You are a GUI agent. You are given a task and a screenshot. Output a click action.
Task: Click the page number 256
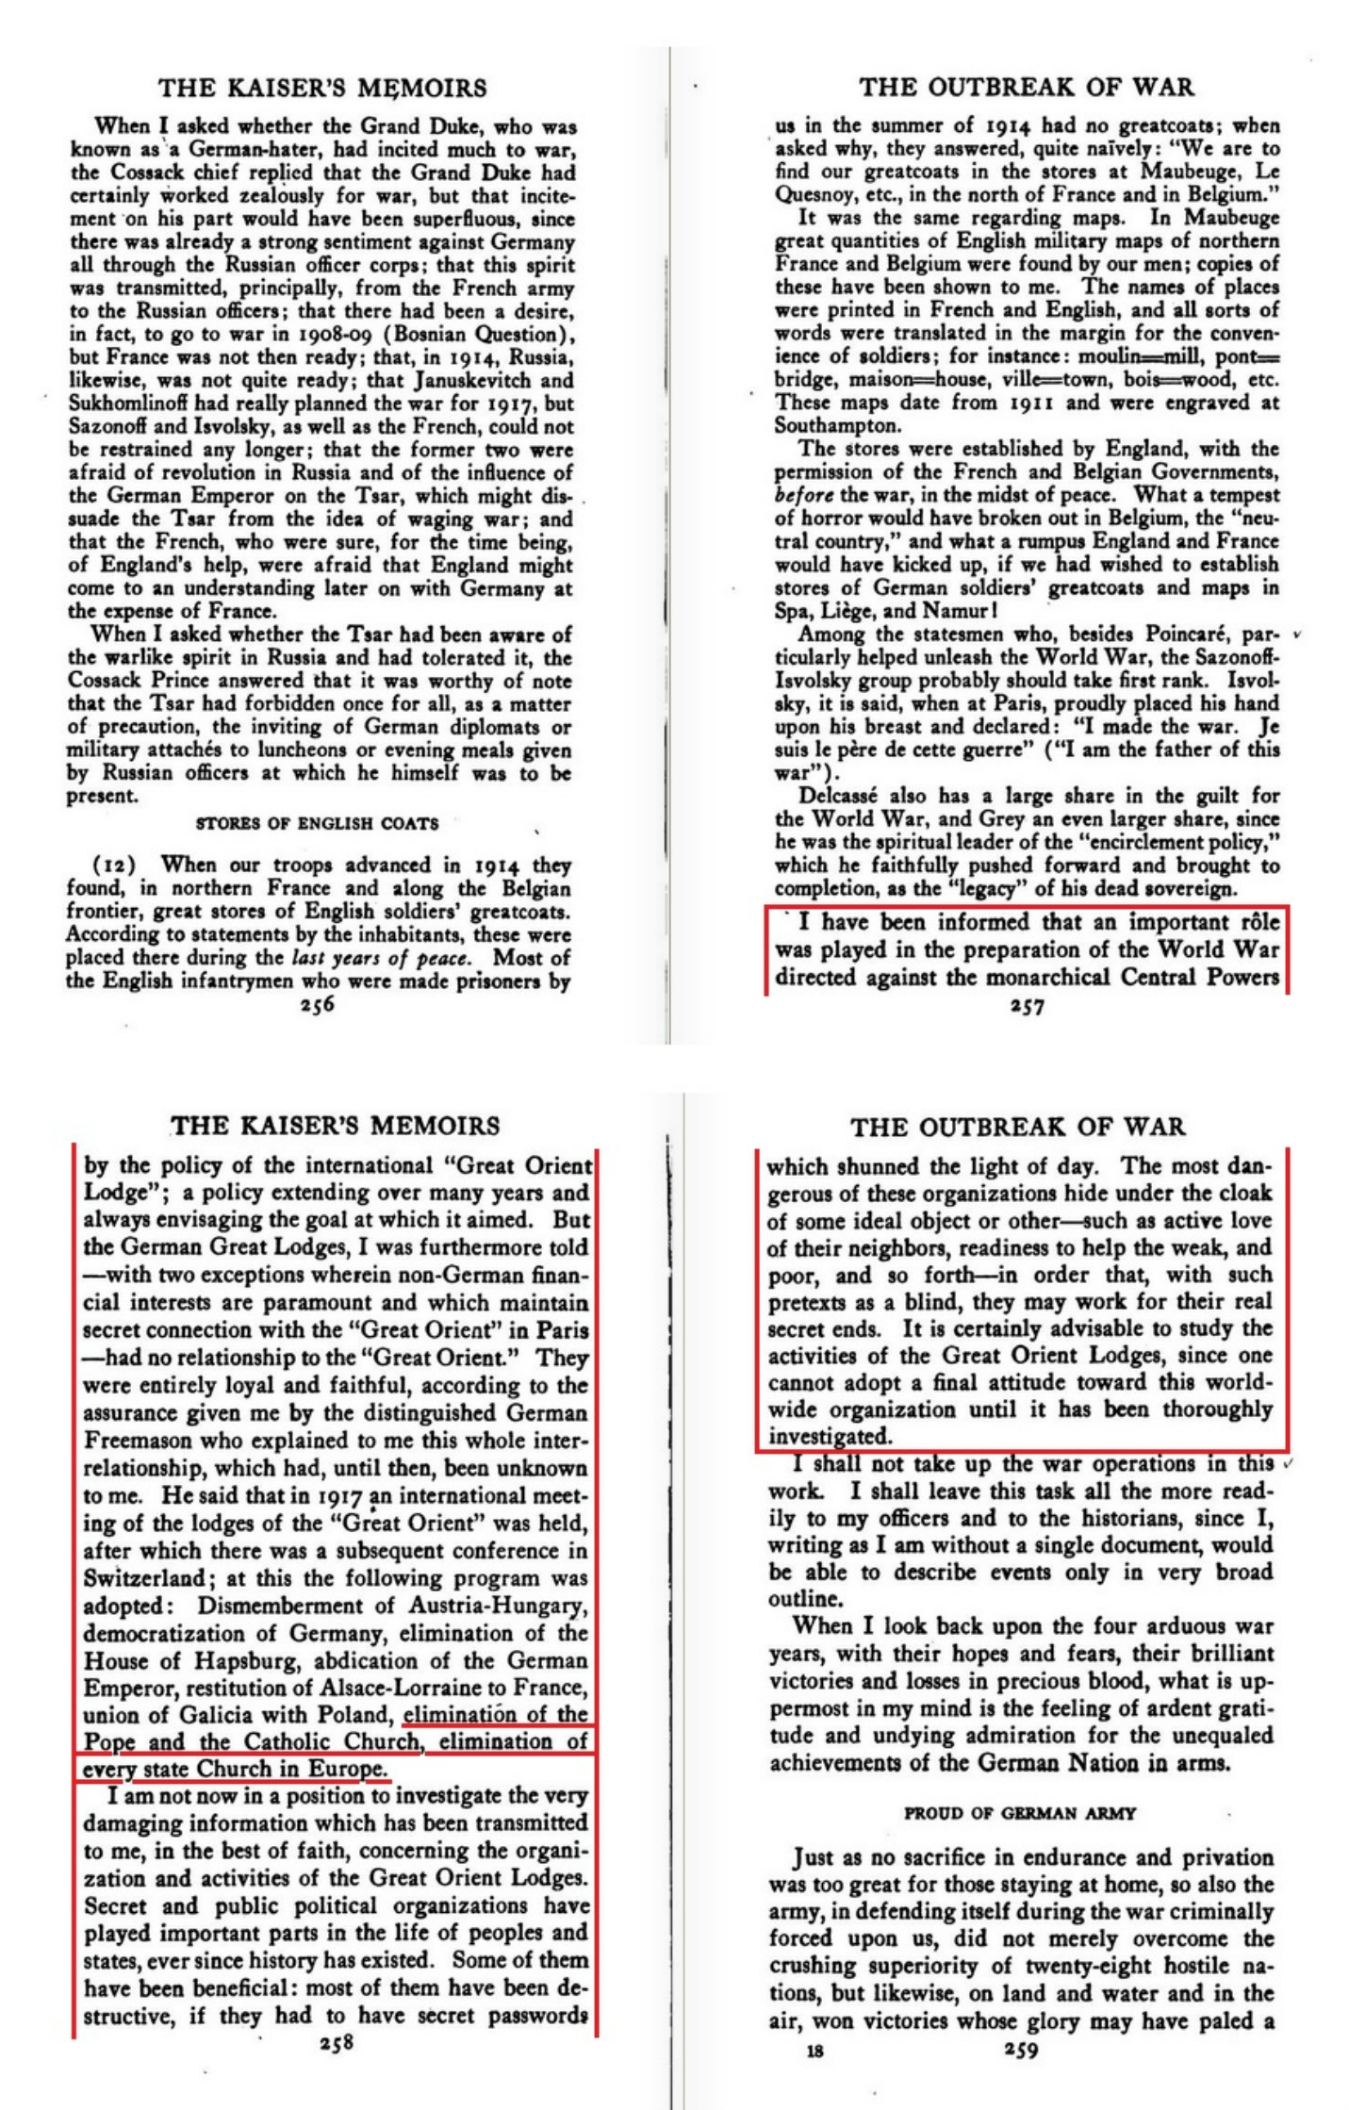[317, 1005]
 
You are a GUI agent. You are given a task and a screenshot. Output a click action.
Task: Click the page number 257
[1026, 1007]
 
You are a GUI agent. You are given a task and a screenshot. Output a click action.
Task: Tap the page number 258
[336, 2043]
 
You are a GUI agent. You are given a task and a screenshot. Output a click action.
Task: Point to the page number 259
[1021, 2050]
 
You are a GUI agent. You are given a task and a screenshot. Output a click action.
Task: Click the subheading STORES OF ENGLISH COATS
[317, 823]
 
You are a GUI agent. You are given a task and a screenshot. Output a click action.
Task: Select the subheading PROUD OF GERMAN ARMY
[1020, 1813]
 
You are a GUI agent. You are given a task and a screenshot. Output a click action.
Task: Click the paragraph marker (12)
[115, 865]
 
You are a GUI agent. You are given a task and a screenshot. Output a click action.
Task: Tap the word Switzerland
[144, 1577]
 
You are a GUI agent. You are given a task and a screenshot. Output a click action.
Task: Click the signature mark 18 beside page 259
[815, 2050]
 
